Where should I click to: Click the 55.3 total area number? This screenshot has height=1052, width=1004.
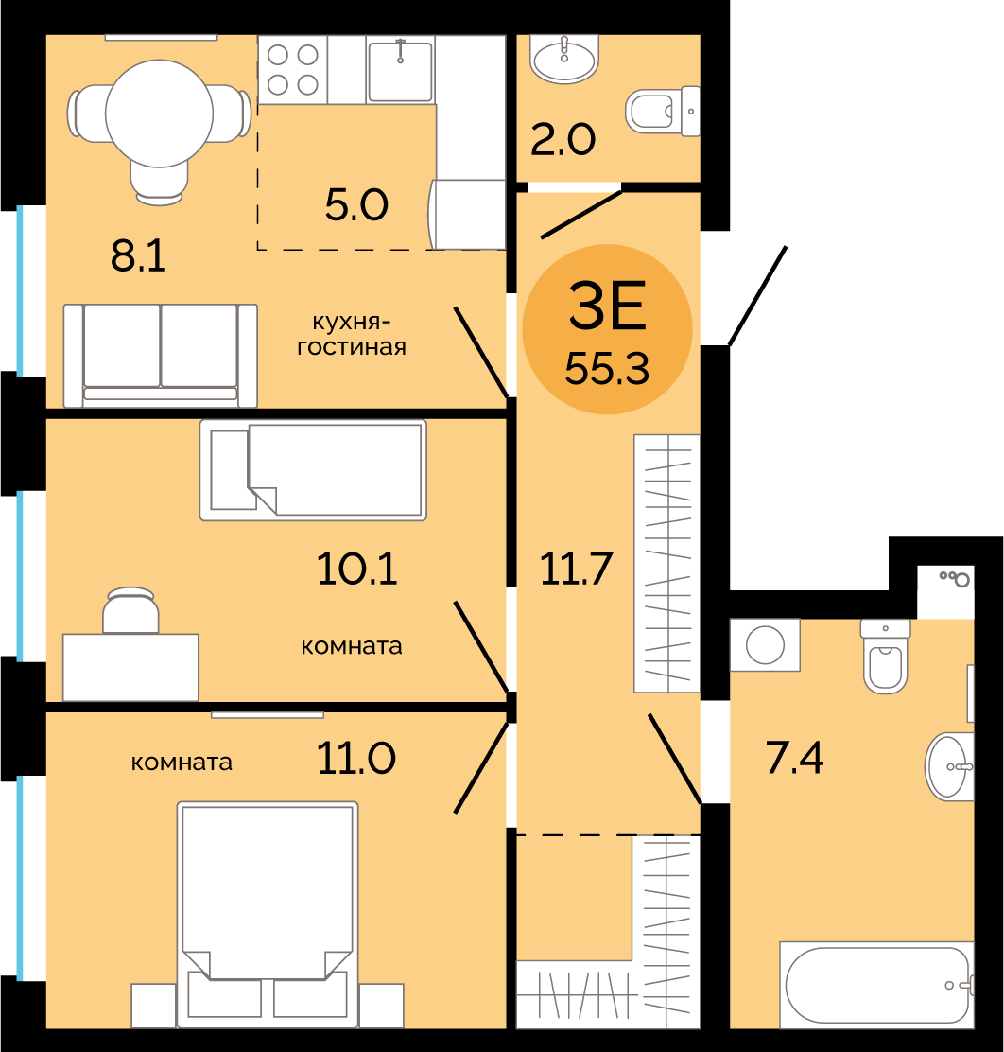coord(607,369)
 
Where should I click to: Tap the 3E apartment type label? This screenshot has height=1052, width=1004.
coord(608,306)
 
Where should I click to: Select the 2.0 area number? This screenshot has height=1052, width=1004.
coord(563,140)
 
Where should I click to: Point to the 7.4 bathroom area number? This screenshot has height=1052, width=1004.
coord(795,758)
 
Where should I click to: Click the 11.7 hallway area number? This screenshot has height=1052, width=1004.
coord(576,569)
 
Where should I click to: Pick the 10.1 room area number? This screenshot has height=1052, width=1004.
coord(356,569)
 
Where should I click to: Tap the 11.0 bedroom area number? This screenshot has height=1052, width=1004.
coord(356,758)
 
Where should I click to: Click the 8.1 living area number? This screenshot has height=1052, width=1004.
coord(138,255)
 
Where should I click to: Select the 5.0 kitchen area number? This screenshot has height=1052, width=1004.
coord(356,204)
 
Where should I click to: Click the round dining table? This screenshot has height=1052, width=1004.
coord(160,114)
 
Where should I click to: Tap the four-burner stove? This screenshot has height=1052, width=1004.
coord(293,70)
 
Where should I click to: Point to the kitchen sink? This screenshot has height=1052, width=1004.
coord(401,70)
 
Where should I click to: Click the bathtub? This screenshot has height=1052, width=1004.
coord(876,985)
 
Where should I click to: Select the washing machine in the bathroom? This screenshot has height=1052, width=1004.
coord(765,645)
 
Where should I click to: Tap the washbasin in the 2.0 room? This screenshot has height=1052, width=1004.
coord(564,59)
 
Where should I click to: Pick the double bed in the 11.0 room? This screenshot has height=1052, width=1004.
coord(268,915)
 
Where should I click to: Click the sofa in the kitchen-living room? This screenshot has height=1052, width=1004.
coord(161,356)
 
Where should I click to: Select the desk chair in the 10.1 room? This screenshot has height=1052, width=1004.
coord(130,610)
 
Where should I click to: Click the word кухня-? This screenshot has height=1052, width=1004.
coord(352,323)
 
